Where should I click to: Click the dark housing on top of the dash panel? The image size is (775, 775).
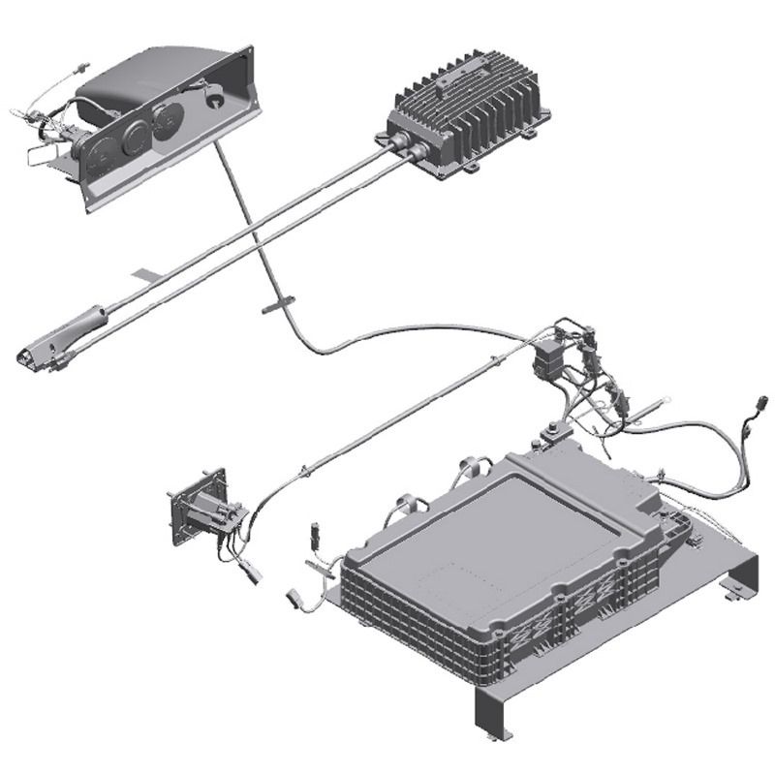tap(145, 77)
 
